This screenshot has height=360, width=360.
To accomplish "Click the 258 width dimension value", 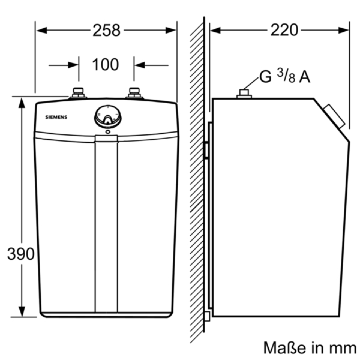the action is (106, 30).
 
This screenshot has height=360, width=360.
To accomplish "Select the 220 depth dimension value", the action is (284, 30).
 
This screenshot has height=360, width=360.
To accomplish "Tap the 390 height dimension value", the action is (21, 253).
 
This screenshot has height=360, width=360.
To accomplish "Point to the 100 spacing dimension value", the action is (106, 64).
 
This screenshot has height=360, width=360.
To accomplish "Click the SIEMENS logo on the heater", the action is (56, 117).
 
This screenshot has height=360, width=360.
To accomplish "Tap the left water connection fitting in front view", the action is (78, 93).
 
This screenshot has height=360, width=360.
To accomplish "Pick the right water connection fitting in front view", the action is (134, 93).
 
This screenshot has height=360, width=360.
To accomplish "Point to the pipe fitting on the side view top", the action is (244, 94).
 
